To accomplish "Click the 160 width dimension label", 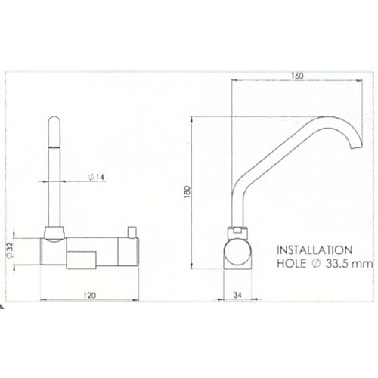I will (297, 76).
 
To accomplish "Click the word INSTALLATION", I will (314, 249).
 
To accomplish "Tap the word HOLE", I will (293, 264).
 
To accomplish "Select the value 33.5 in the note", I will (338, 264).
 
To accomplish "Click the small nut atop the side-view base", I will (237, 228).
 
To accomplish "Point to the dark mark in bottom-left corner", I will (3, 309).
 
